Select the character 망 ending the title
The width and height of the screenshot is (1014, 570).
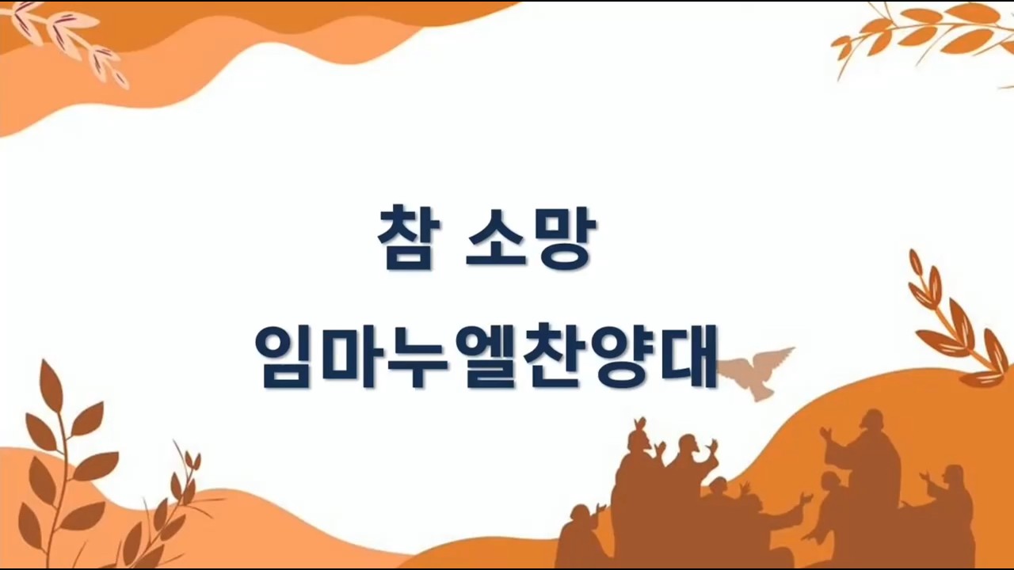(563, 237)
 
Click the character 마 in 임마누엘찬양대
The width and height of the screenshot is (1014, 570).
(355, 355)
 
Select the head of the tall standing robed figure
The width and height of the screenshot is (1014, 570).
(872, 422)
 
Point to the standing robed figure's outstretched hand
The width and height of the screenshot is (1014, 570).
(825, 435)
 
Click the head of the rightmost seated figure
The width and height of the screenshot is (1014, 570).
(952, 476)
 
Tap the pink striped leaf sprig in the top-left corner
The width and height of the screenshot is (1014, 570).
(68, 43)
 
